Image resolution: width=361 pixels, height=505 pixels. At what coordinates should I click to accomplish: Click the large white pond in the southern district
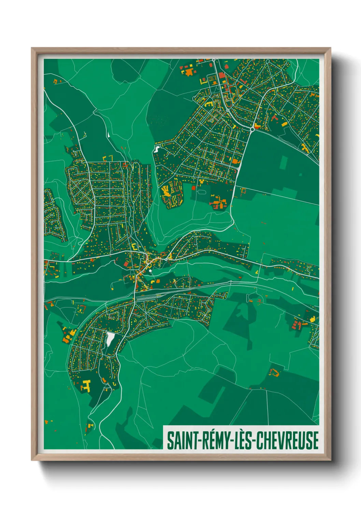click(110, 339)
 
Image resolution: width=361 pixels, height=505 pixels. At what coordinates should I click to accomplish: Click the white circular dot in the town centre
click(150, 271)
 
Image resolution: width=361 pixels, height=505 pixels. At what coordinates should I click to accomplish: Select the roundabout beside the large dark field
click(252, 129)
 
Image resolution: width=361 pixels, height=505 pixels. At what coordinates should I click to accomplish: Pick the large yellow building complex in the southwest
click(86, 385)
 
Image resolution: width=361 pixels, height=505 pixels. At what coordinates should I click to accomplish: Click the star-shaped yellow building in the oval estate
click(166, 191)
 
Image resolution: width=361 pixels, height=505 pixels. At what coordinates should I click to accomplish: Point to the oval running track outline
click(202, 192)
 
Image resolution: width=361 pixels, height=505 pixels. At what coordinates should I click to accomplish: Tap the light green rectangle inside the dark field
click(284, 162)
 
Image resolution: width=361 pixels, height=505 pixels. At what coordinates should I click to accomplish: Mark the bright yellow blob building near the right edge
click(312, 319)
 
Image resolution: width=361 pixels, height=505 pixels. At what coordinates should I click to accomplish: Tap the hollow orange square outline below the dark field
click(243, 191)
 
